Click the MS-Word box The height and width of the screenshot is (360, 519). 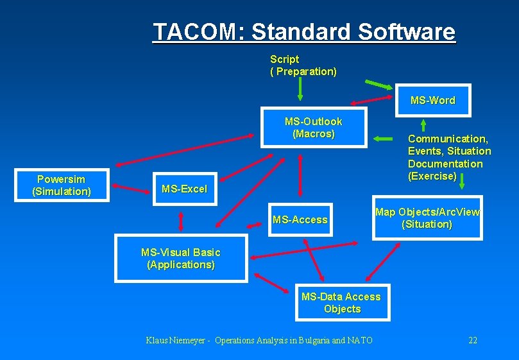pos(433,100)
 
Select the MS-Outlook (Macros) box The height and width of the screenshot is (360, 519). pos(313,128)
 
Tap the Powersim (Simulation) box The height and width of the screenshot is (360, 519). pos(62,185)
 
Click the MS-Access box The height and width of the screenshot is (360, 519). pos(300,219)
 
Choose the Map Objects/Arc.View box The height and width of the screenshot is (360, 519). pos(427,218)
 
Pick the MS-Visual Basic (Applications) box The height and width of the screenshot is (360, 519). pos(180,259)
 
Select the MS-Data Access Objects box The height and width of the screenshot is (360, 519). pos(341,303)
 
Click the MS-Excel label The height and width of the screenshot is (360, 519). pos(184,189)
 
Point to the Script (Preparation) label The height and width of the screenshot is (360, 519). pos(303,65)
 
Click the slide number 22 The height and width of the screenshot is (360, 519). pos(473,340)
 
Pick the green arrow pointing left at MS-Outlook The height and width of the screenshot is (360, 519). pos(384,139)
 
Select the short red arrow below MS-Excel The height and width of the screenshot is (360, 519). pos(181,221)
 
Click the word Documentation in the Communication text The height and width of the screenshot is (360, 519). pos(445,164)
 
